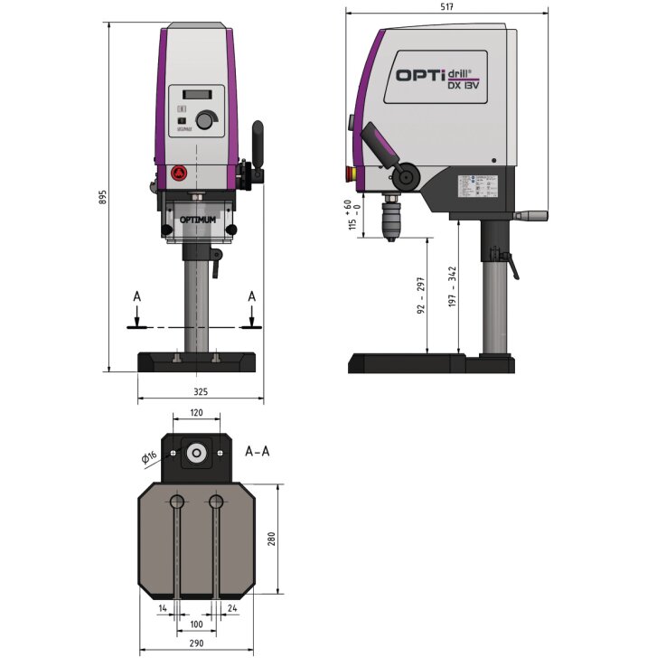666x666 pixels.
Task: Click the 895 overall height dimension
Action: (x=103, y=196)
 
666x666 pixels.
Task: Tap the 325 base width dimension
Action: (x=201, y=391)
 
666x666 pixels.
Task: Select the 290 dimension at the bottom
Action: (x=197, y=643)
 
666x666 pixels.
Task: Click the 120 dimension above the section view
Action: (x=196, y=412)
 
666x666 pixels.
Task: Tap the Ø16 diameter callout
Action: (x=150, y=457)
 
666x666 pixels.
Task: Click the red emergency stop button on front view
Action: (x=178, y=174)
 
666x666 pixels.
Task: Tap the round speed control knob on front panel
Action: (x=207, y=120)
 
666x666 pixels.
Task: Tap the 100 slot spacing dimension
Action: (x=197, y=624)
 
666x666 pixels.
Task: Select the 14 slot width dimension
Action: (x=163, y=608)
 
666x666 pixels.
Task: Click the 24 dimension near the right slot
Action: (x=233, y=608)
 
